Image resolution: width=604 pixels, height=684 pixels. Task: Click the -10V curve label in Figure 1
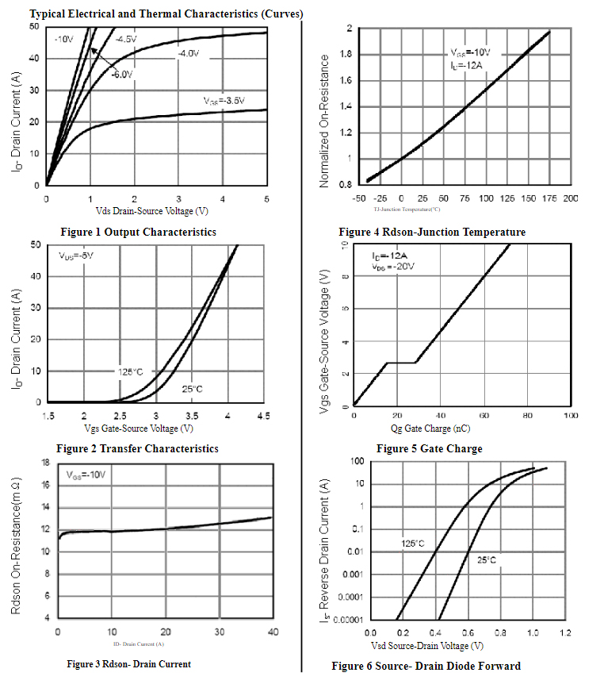pos(64,40)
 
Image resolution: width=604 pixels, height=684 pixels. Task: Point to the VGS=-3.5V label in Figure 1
pos(224,101)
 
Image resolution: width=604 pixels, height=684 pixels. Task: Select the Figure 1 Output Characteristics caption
pos(138,232)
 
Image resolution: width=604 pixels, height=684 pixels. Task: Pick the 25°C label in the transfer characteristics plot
pos(192,389)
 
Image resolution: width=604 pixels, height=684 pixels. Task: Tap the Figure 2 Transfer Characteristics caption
pos(137,448)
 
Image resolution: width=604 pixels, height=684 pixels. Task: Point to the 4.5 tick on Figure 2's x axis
pos(262,417)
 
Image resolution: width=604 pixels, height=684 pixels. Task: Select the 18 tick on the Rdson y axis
pos(45,462)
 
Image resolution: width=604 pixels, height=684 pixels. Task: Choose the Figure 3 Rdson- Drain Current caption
pos(128,664)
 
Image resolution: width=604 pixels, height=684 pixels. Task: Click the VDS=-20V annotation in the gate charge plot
pos(393,267)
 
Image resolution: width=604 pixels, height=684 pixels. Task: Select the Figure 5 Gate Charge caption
pos(429,448)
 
